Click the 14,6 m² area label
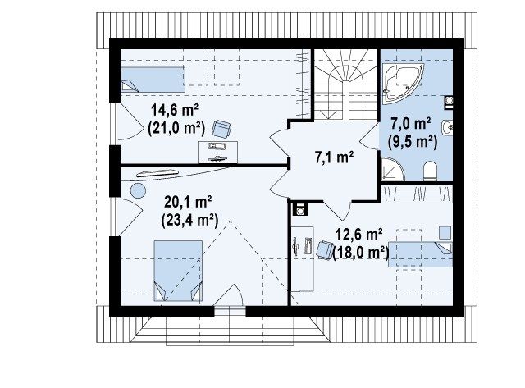pyautogui.click(x=175, y=110)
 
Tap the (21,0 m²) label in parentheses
pyautogui.click(x=176, y=128)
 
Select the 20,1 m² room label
pyautogui.click(x=188, y=202)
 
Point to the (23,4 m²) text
pyautogui.click(x=189, y=220)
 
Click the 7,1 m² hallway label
pyautogui.click(x=334, y=157)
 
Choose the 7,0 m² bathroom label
pyautogui.click(x=411, y=124)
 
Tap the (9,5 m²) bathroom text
pyautogui.click(x=413, y=142)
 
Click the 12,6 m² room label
pyautogui.click(x=359, y=235)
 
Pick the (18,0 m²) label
pyautogui.click(x=361, y=253)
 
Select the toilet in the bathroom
pyautogui.click(x=430, y=171)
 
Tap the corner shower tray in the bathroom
pyautogui.click(x=391, y=170)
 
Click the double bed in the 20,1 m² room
pyautogui.click(x=178, y=271)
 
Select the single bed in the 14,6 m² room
pyautogui.click(x=153, y=80)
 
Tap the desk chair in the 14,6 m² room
pyautogui.click(x=221, y=129)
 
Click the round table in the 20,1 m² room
pyautogui.click(x=138, y=191)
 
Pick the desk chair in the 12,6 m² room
pyautogui.click(x=324, y=250)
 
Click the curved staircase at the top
pyautogui.click(x=345, y=84)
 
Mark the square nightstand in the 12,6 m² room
pyautogui.click(x=445, y=233)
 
